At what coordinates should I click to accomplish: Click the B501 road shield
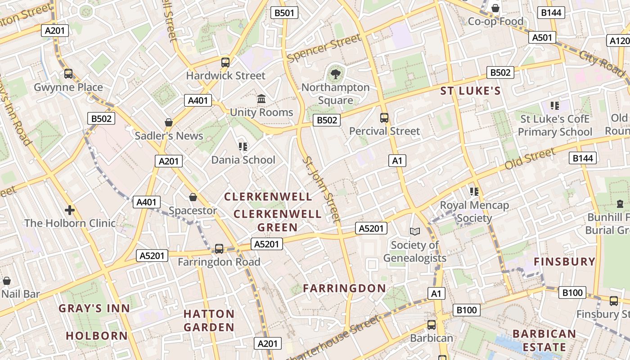coord(284,13)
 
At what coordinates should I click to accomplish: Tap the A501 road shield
coord(542,38)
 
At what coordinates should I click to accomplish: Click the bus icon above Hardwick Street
coord(225,63)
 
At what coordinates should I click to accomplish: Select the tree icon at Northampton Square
coord(335,74)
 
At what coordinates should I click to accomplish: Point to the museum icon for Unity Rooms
coord(261,99)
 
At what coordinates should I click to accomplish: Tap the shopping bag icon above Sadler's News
coord(169,122)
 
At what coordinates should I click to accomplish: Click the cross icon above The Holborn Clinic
coord(69,210)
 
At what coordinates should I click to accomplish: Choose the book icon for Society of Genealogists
coord(414,231)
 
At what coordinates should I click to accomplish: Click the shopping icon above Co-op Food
coord(495,8)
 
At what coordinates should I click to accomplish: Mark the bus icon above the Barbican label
coord(432,325)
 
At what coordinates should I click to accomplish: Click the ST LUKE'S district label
coord(470,91)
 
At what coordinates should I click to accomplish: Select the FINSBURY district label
coord(564,261)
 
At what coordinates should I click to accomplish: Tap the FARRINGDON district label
coord(344,288)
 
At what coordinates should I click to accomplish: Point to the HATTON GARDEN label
coord(209,320)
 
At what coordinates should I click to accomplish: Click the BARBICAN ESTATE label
coord(544,341)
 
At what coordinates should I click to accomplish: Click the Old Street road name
coord(530,159)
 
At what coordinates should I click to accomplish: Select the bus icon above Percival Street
coord(384,118)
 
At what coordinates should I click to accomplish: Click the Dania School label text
coord(243,160)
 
